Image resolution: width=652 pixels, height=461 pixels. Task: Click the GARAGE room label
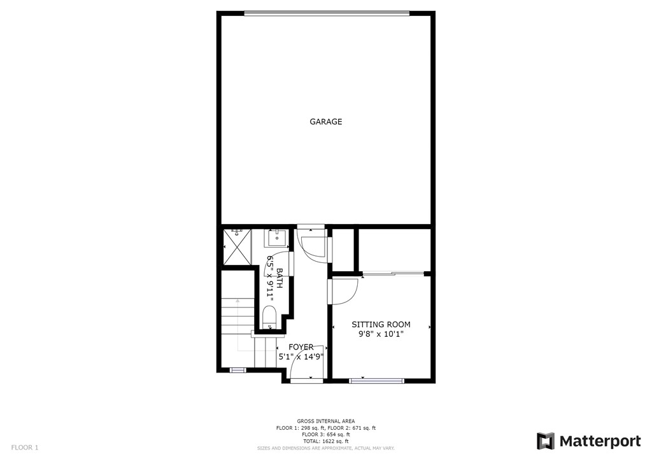tap(325, 122)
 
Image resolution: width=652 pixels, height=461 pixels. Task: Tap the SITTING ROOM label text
tap(381, 324)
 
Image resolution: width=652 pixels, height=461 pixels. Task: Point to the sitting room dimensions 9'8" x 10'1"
tap(381, 333)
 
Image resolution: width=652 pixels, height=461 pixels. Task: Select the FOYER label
tap(301, 347)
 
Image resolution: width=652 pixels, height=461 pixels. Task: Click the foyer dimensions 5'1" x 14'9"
tap(301, 357)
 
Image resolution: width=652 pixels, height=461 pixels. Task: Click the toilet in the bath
tap(269, 316)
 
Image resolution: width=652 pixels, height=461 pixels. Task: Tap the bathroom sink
tap(276, 238)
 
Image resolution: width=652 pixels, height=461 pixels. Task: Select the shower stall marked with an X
tap(237, 247)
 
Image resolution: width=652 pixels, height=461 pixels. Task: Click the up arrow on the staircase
tap(237, 301)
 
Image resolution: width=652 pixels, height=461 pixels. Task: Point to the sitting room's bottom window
tap(376, 381)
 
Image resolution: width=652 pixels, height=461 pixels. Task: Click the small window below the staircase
tap(237, 369)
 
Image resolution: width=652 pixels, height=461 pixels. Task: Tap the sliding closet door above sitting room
tap(393, 274)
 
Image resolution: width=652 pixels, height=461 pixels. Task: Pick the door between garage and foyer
tap(313, 245)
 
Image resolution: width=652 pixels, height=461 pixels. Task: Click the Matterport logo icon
tap(546, 441)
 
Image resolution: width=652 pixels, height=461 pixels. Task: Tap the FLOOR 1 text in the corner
tap(25, 448)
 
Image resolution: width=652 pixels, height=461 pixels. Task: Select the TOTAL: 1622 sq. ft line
tap(325, 441)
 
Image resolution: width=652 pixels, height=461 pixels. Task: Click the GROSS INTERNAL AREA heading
tap(325, 421)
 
